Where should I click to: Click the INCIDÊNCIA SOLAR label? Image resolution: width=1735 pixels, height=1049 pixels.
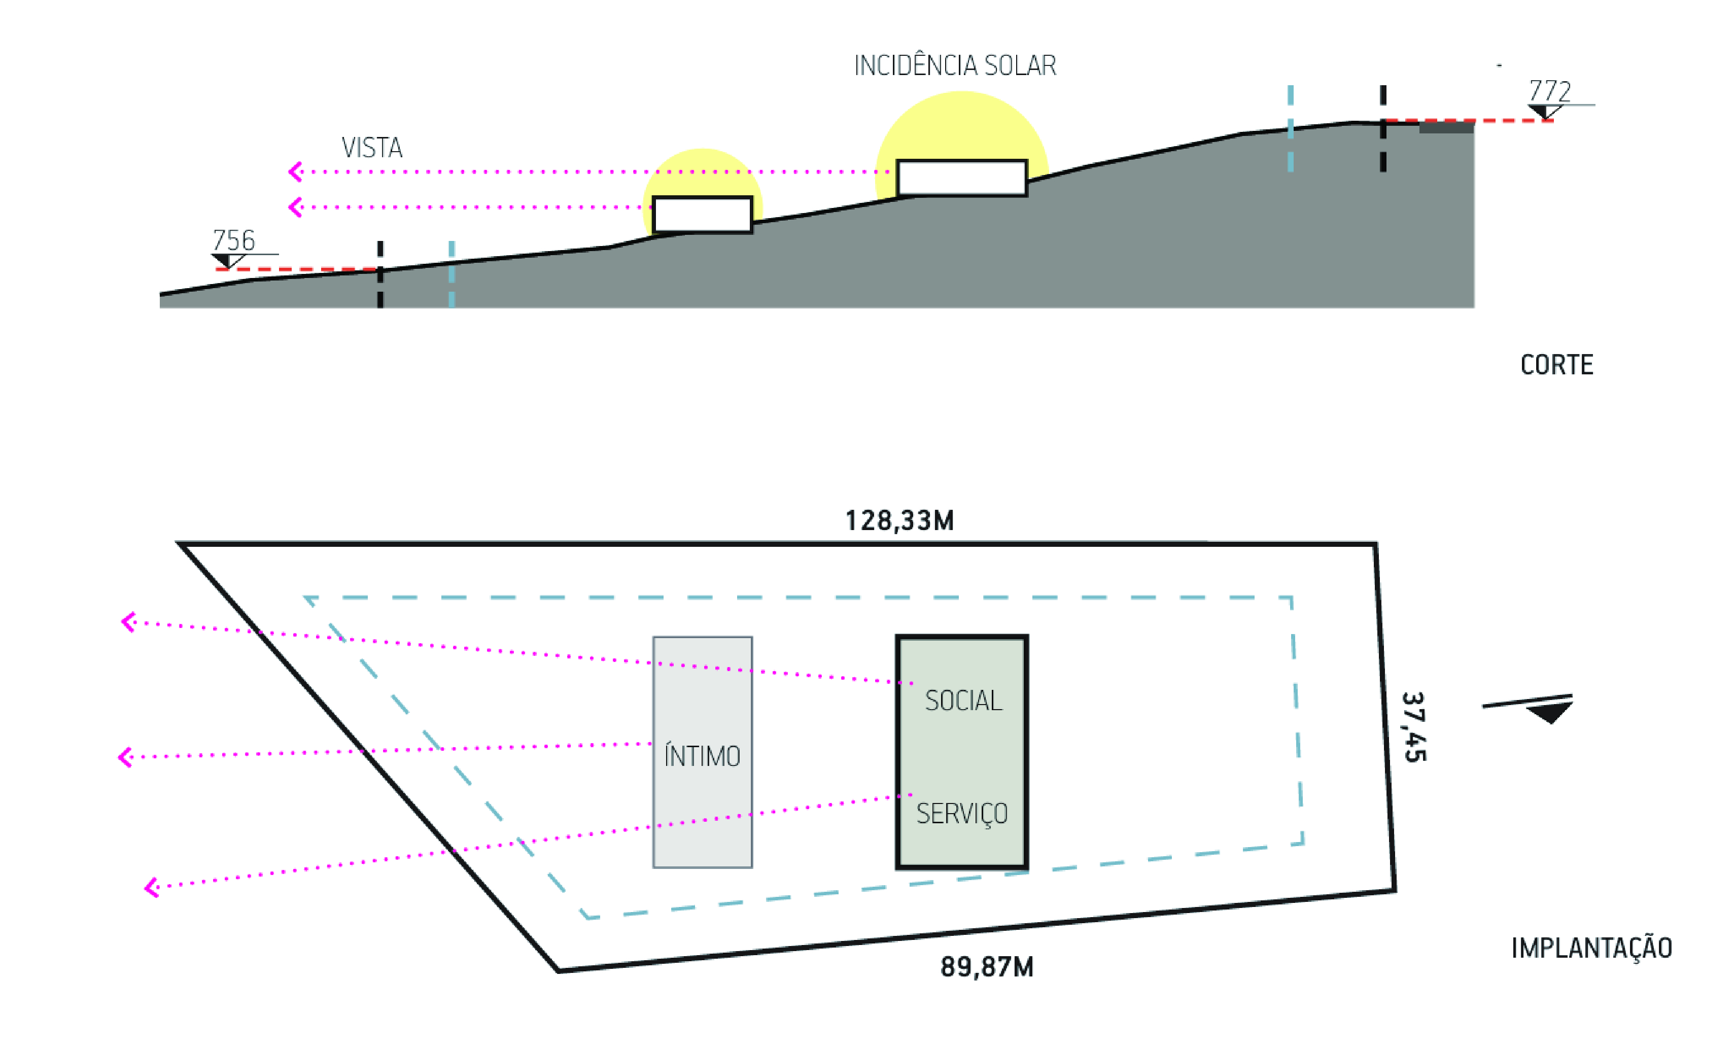pyautogui.click(x=955, y=65)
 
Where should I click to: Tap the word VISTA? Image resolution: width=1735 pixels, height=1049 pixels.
pyautogui.click(x=372, y=148)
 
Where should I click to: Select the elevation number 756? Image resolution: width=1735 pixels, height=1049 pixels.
pyautogui.click(x=234, y=240)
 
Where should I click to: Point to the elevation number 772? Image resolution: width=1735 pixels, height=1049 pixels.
pyautogui.click(x=1550, y=91)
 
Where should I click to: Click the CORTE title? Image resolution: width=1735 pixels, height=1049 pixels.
pyautogui.click(x=1557, y=365)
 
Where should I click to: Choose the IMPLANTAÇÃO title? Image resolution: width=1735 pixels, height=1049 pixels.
pyautogui.click(x=1591, y=948)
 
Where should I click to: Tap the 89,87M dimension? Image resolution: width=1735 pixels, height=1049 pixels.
pyautogui.click(x=987, y=967)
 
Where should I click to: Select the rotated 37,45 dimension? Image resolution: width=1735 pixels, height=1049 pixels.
pyautogui.click(x=1414, y=727)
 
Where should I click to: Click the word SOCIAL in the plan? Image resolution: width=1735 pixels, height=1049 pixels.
pyautogui.click(x=963, y=701)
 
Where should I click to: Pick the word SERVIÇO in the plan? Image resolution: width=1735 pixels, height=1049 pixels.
pyautogui.click(x=962, y=814)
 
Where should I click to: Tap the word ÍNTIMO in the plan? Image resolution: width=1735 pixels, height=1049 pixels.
pyautogui.click(x=702, y=757)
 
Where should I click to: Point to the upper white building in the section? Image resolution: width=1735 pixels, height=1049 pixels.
pyautogui.click(x=962, y=178)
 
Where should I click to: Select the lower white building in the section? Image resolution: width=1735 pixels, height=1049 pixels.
pyautogui.click(x=702, y=214)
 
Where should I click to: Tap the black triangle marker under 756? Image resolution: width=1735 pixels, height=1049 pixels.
pyautogui.click(x=223, y=261)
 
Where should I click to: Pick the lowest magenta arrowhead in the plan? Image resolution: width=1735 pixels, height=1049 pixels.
pyautogui.click(x=151, y=887)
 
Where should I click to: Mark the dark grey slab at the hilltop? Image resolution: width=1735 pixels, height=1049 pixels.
pyautogui.click(x=1446, y=127)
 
